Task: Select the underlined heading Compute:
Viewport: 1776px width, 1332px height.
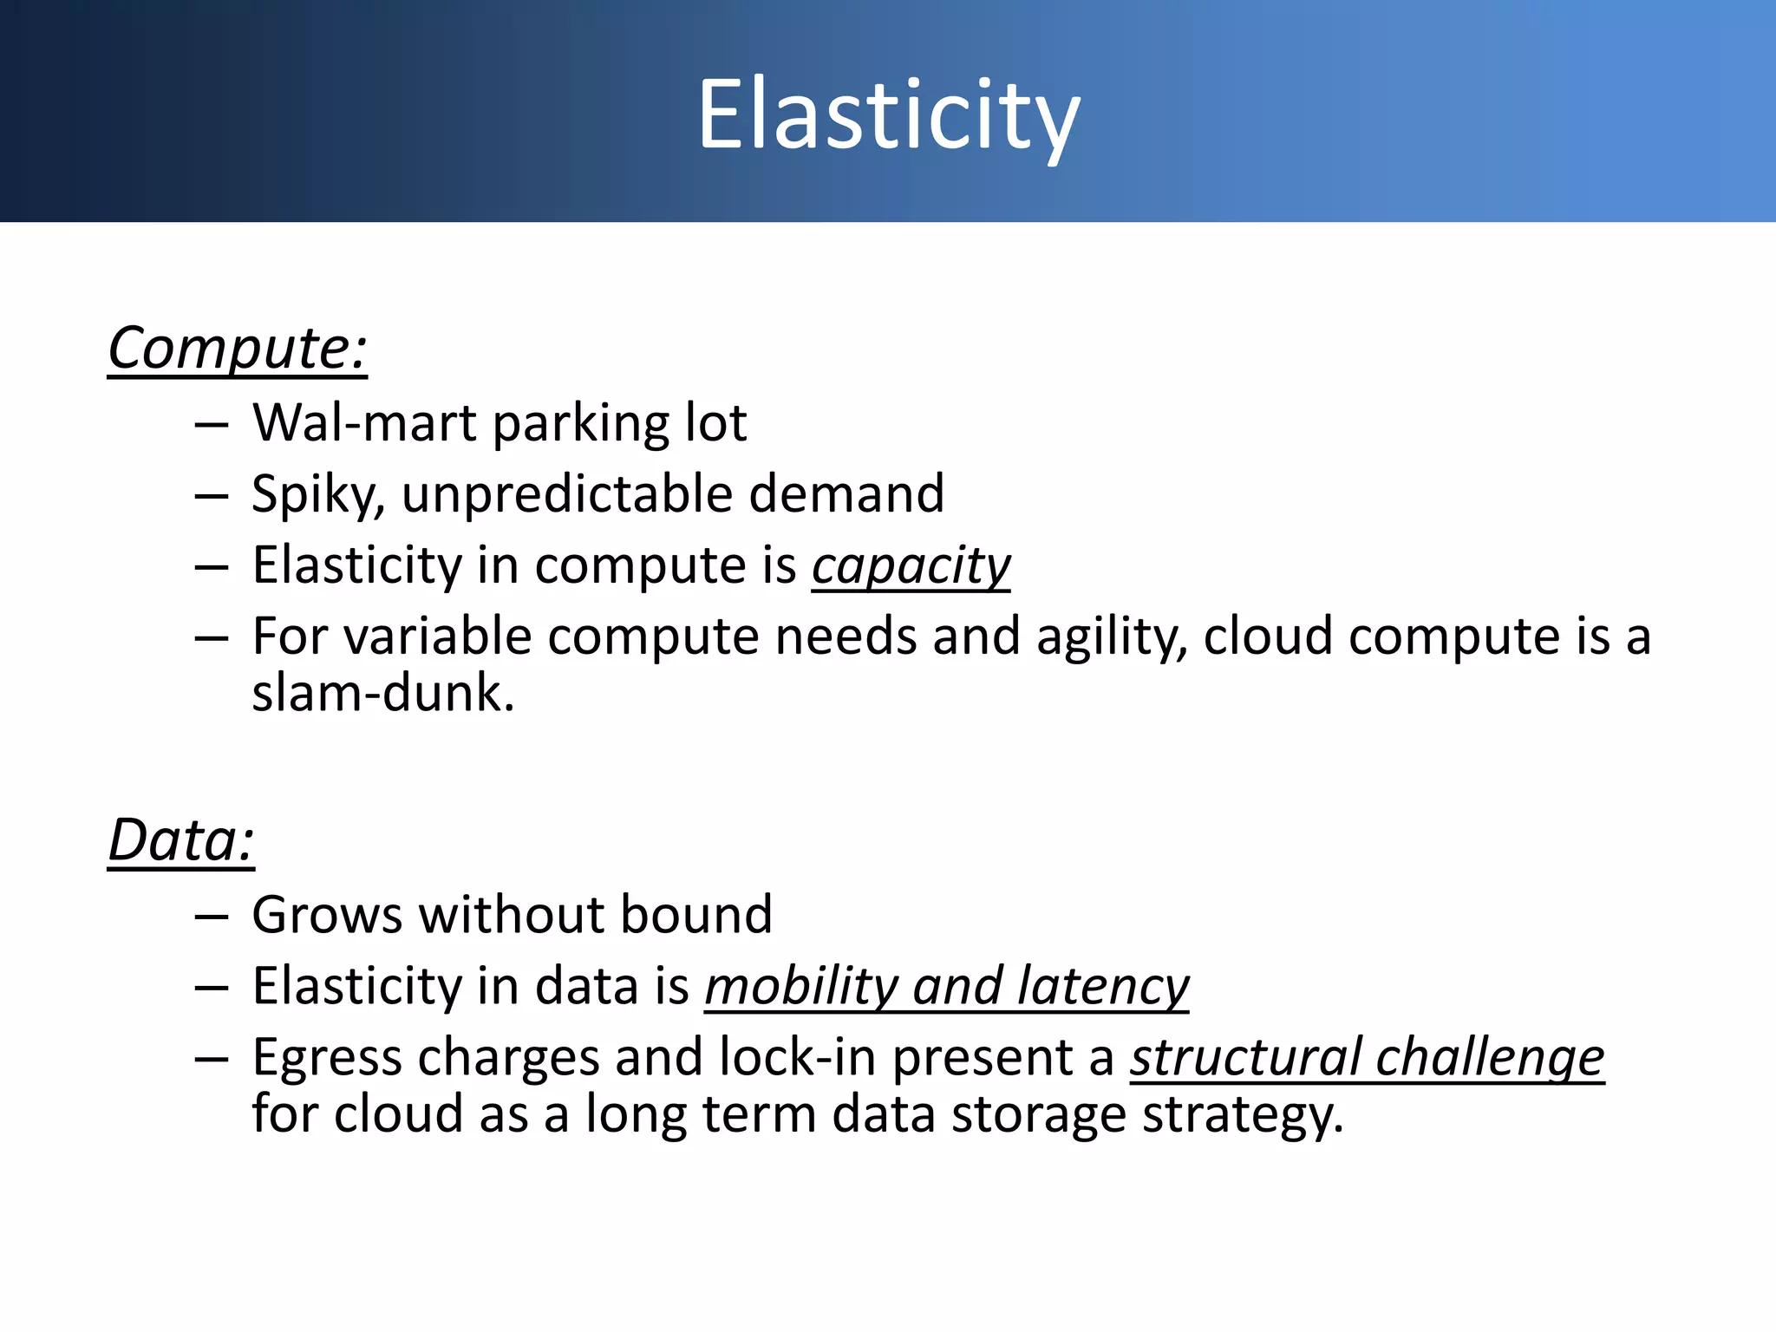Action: pyautogui.click(x=237, y=349)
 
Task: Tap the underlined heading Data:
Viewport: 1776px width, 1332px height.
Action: pyautogui.click(x=180, y=841)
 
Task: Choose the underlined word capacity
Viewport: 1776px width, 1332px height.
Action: pyautogui.click(x=911, y=567)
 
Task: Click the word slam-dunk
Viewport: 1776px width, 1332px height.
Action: pyautogui.click(x=382, y=694)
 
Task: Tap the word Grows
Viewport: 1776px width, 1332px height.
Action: pyautogui.click(x=327, y=916)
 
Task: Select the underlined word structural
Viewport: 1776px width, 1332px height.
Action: pyautogui.click(x=1244, y=1058)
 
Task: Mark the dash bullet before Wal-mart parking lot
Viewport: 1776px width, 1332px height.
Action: pyautogui.click(x=212, y=425)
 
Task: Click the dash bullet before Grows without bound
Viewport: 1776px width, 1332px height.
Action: pyautogui.click(x=212, y=917)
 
